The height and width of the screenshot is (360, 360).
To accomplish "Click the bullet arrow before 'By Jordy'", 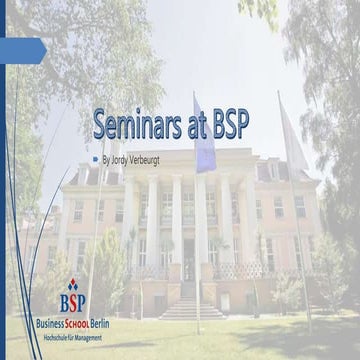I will (x=95, y=158).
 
